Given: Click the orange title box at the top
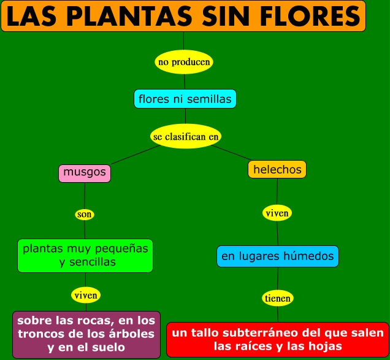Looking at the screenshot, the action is tap(183, 16).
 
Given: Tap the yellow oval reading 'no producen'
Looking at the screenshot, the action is tap(184, 62).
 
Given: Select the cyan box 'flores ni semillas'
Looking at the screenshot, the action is tap(185, 99).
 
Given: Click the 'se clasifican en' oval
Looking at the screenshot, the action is tap(186, 136).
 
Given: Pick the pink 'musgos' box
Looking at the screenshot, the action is tap(85, 173).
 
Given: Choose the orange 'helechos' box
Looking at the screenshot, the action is tap(277, 169).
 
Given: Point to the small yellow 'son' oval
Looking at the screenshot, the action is tap(85, 214).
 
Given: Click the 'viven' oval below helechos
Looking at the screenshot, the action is tap(277, 213).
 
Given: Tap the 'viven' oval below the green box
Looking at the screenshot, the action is tap(86, 295).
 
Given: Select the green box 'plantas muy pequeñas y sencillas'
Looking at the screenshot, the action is tap(85, 256).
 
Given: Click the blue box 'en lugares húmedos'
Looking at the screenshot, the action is tap(278, 256).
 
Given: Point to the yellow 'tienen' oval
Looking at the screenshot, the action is tap(278, 298).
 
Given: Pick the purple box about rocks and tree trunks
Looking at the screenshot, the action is tap(86, 334).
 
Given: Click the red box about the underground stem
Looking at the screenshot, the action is tap(278, 339).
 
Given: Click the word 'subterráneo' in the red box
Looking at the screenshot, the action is tap(266, 333).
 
